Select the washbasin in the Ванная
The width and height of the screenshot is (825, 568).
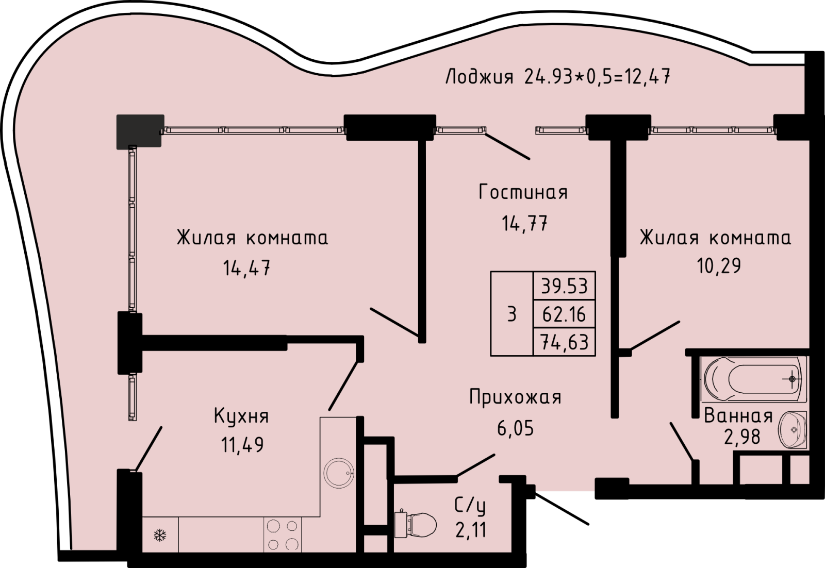coord(793,430)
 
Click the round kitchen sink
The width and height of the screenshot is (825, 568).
coord(339,473)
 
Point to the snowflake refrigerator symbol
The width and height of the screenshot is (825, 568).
coord(160,535)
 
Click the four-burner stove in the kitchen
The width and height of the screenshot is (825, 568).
coord(283,535)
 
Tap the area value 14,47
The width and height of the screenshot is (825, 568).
coord(246,268)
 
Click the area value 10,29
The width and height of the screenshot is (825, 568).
coord(719,265)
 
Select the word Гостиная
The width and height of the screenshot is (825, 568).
coord(523,192)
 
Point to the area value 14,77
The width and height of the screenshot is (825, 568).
coord(524,223)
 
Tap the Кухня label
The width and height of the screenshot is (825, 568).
coord(241,416)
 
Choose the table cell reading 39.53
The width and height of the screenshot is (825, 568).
coord(564,286)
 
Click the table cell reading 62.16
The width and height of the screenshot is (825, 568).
coord(564,314)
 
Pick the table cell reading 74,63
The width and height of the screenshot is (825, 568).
coord(564,342)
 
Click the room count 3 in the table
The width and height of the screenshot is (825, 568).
coord(512,314)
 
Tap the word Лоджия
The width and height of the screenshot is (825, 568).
coord(479,77)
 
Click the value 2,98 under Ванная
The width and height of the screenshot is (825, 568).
coord(742,437)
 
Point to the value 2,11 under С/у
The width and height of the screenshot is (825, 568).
coord(471,530)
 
